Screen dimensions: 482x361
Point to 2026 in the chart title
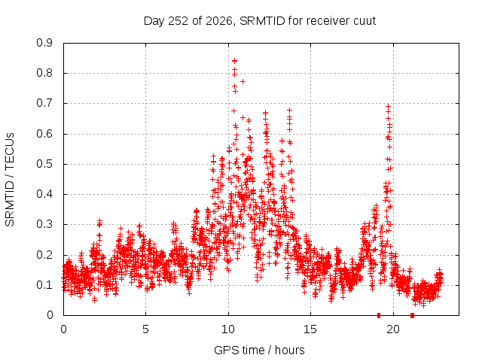point(218,21)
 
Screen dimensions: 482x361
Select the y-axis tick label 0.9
point(44,43)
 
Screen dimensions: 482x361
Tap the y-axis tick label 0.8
point(44,73)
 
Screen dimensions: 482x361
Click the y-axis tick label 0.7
point(44,103)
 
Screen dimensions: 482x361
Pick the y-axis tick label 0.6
point(44,134)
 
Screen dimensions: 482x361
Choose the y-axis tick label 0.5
point(44,164)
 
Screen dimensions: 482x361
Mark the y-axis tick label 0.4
point(44,194)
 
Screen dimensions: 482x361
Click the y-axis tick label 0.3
point(44,224)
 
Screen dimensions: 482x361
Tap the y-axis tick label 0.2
point(44,255)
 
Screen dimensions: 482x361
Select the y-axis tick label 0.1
point(44,285)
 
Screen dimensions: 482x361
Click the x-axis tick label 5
point(145,329)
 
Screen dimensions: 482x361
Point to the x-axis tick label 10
point(228,329)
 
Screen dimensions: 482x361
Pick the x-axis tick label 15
point(310,329)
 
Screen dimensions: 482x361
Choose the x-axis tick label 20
point(393,329)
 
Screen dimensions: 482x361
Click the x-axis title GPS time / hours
point(259,350)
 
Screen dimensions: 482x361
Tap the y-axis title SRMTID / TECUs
point(10,180)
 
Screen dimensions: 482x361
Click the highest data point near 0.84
point(234,61)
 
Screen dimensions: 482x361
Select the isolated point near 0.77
point(243,81)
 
